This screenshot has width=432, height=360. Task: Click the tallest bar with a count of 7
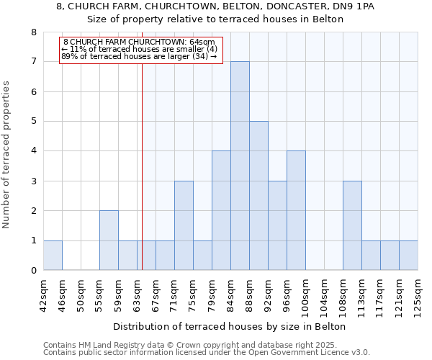pos(240,166)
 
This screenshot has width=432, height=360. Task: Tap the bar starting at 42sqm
pos(53,256)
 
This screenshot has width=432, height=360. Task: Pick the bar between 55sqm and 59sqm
pos(109,240)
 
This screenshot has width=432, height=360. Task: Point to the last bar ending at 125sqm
pos(408,256)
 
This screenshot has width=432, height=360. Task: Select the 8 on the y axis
pos(33,32)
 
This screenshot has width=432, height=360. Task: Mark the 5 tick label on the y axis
pos(33,121)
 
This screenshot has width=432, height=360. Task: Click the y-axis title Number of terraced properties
pos(6,155)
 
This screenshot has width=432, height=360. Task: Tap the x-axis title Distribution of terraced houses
pos(230,326)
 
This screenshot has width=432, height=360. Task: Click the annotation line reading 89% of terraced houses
pos(139,55)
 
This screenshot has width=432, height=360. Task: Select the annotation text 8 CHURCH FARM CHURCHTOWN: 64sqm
pos(139,42)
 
